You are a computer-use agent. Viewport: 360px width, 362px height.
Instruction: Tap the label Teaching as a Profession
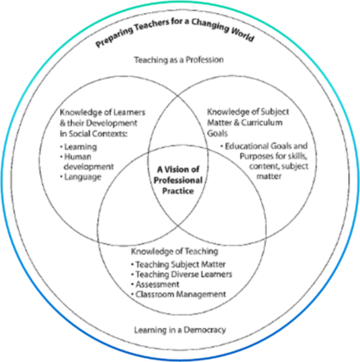tap(178, 60)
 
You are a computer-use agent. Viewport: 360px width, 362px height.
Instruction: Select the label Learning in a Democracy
tap(180, 329)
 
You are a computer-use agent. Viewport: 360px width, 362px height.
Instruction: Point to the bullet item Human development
tap(86, 162)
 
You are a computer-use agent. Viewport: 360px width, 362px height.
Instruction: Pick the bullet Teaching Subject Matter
tap(177, 264)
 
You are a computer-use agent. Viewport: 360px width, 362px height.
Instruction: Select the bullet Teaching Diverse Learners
tap(181, 274)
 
